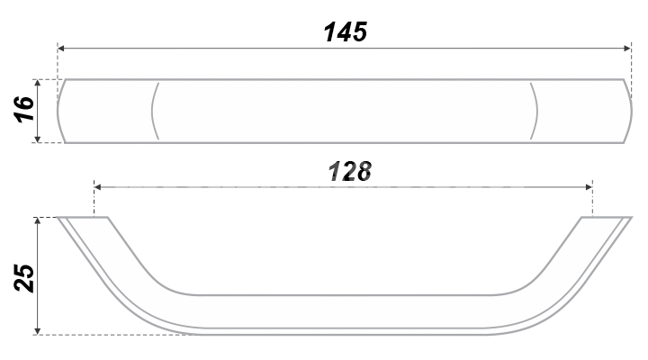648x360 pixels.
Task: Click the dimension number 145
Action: coord(346,31)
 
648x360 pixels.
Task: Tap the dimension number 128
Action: coord(349,172)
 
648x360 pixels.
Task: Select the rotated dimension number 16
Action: coord(24,110)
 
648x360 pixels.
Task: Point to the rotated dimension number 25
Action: coord(24,278)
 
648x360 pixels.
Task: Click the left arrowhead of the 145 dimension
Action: coord(61,49)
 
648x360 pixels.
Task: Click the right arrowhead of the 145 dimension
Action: coord(627,49)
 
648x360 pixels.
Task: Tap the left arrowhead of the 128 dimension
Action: coord(98,187)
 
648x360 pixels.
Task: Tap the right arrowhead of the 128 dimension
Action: coord(589,187)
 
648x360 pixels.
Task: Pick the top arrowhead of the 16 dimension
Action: coord(38,83)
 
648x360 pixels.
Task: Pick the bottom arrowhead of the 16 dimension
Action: coord(38,139)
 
